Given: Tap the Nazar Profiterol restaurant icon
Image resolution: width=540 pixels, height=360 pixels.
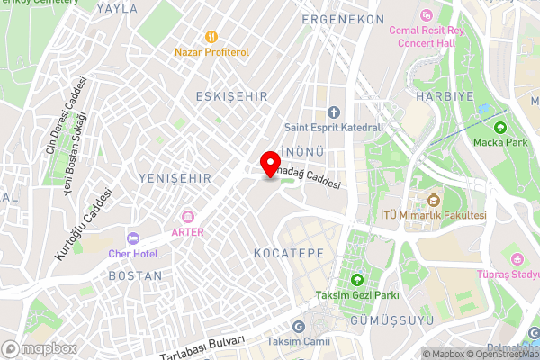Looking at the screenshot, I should click(x=211, y=37).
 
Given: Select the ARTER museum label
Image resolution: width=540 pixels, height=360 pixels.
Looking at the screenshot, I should click(x=188, y=231).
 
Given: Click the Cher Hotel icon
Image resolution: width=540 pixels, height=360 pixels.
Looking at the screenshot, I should click(x=133, y=238).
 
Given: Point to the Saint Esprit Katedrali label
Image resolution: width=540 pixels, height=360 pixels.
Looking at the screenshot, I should click(x=333, y=127).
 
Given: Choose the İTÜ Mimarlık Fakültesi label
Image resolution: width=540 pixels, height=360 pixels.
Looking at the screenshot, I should click(x=433, y=215).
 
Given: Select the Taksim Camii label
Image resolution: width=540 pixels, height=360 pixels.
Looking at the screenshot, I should click(x=299, y=342).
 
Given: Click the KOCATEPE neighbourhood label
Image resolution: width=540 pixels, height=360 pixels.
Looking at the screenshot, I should click(x=288, y=254).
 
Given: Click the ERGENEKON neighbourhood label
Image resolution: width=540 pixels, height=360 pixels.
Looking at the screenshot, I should click(x=344, y=19).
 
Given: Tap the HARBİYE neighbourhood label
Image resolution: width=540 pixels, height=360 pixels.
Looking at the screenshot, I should click(x=438, y=95).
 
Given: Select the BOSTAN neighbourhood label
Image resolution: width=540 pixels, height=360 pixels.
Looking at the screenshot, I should click(x=135, y=275).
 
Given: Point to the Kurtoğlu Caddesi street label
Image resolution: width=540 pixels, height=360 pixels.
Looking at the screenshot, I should click(x=84, y=223).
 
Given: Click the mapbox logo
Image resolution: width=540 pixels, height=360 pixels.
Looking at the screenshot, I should click(x=39, y=348).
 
